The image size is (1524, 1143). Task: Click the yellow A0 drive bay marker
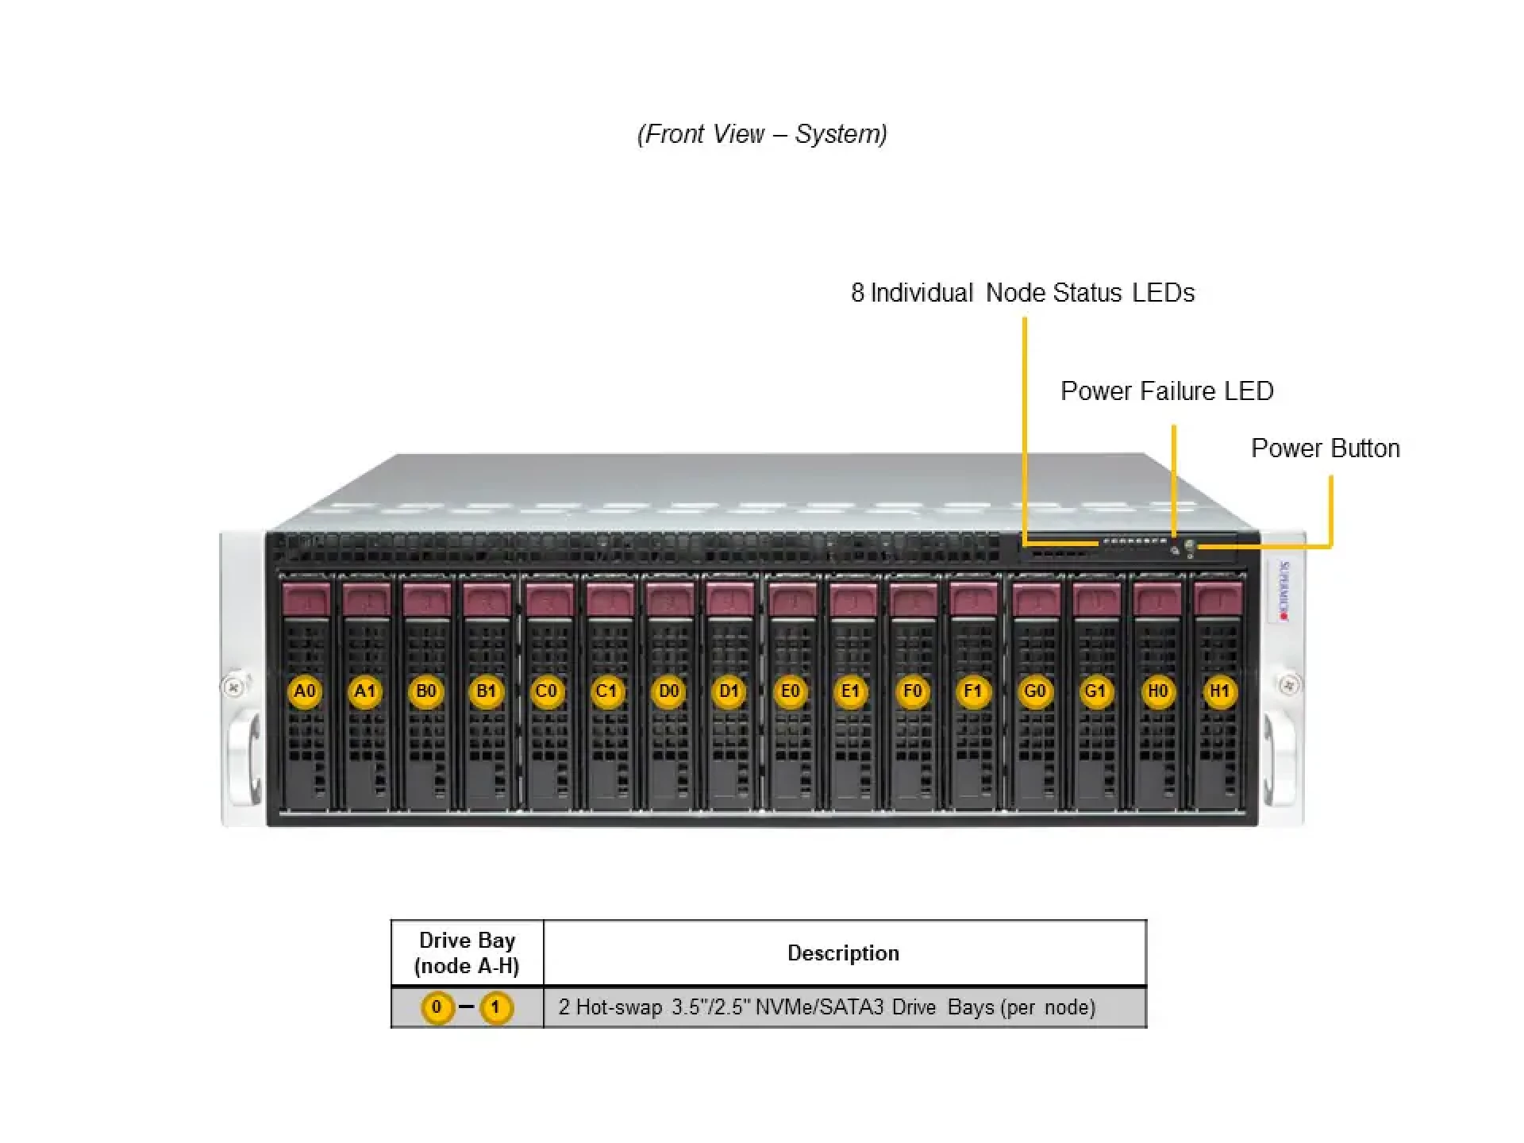(x=305, y=691)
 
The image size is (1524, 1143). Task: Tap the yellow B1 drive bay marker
(x=486, y=691)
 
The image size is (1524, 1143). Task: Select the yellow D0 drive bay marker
(x=668, y=691)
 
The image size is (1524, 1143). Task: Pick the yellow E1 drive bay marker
(x=850, y=691)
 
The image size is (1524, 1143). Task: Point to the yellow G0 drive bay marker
(x=1034, y=691)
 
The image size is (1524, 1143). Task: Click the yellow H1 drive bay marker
(x=1218, y=691)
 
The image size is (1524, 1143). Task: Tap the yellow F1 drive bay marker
(x=972, y=691)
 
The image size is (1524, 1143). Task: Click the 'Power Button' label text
(x=1325, y=448)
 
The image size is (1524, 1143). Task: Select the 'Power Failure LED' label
(x=1167, y=391)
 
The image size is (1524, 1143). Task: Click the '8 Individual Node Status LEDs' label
(x=1022, y=293)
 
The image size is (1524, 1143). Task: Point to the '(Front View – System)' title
(x=762, y=134)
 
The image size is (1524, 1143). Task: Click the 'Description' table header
(x=843, y=953)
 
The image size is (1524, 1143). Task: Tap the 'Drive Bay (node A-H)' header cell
(x=467, y=953)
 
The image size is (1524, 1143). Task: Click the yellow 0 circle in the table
(x=437, y=1008)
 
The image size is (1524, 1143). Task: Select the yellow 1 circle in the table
(x=496, y=1008)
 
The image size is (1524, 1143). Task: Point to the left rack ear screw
(x=233, y=687)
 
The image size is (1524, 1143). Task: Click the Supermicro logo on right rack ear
(x=1283, y=591)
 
